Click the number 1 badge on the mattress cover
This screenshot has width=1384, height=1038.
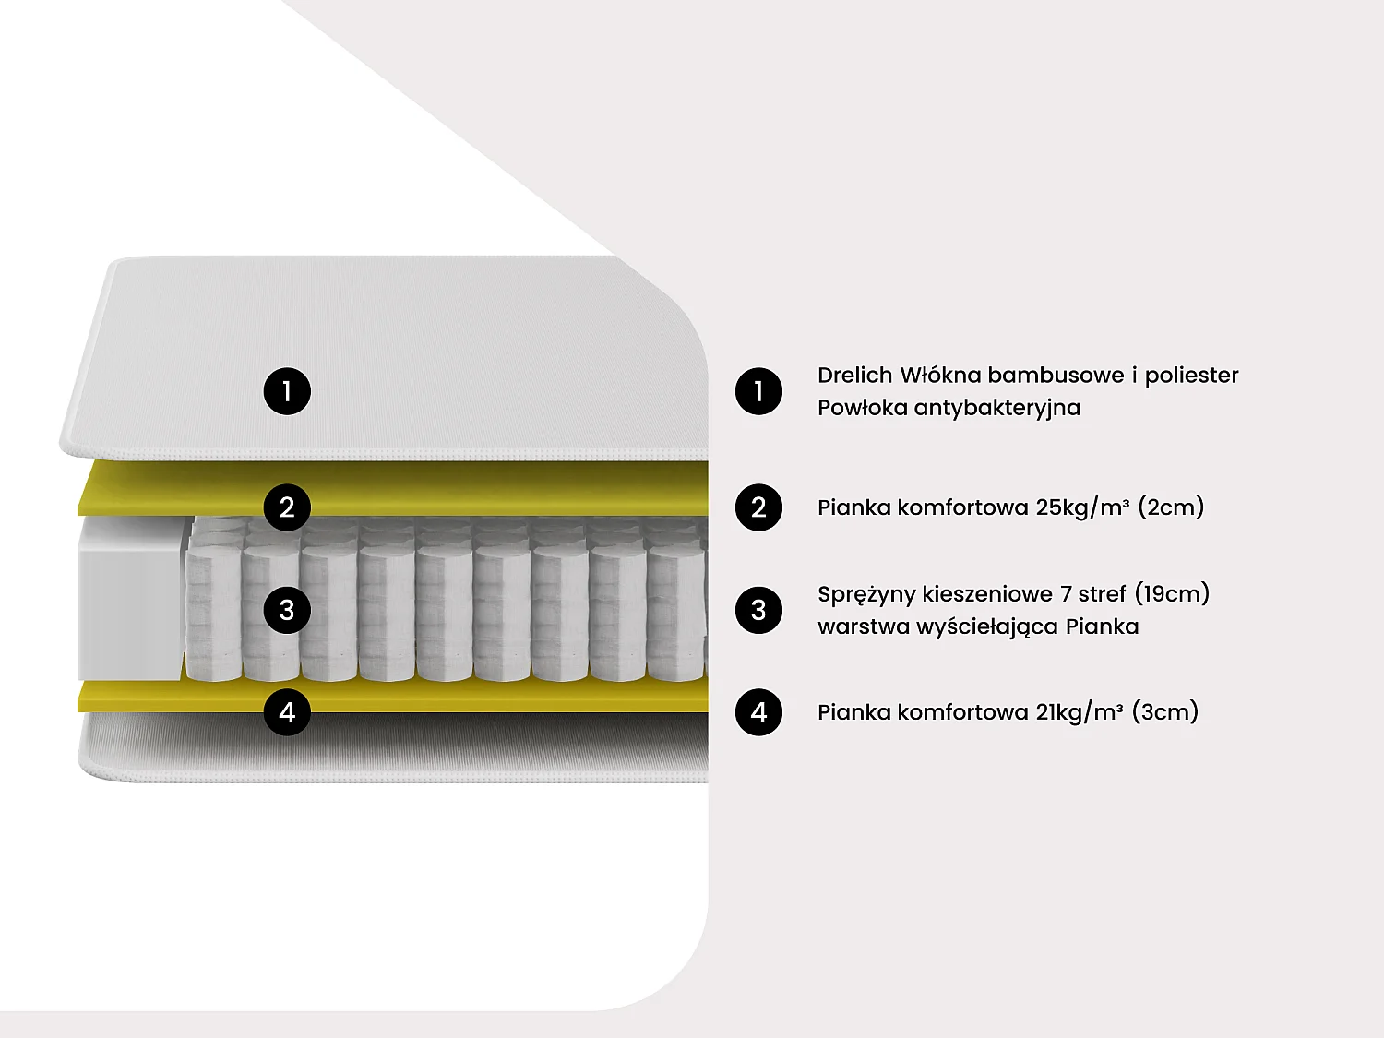pos(287,391)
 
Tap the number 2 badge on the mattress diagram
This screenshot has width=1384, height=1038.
pos(287,507)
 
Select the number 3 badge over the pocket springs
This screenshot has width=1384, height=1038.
pos(287,610)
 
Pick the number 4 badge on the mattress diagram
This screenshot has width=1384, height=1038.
pos(287,712)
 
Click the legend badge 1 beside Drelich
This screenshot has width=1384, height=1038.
pos(758,391)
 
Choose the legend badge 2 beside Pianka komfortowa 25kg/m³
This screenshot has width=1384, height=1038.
pos(758,507)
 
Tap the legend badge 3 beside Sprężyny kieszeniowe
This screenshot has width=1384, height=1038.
pos(758,610)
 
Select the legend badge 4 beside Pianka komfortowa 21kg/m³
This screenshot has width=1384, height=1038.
pos(758,712)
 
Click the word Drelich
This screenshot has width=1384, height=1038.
pos(855,375)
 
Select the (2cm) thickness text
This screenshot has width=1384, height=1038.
pos(1171,507)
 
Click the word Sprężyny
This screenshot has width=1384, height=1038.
pos(867,594)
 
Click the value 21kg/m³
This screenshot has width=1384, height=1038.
pos(1080,712)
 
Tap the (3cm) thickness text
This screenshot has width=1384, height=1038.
pos(1165,712)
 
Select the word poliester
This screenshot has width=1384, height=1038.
pos(1192,376)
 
